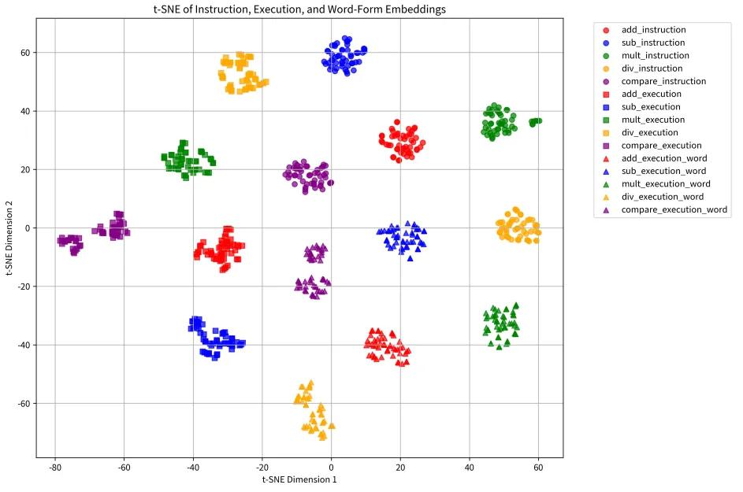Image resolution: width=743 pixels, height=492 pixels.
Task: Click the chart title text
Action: coord(299,9)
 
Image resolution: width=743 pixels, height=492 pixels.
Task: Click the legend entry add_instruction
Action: coord(653,30)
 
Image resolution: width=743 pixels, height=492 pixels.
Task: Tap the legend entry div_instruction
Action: coord(652,68)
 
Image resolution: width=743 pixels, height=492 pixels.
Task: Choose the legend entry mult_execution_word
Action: coord(665,184)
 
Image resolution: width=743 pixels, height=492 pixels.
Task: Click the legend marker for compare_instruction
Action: coord(606,81)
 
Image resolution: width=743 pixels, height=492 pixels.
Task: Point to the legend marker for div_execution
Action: coord(606,133)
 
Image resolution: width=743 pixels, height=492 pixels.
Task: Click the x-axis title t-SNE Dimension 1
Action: coord(299,479)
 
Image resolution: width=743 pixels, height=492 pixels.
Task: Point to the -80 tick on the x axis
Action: coord(54,466)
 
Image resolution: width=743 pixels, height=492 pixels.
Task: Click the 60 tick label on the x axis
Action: coord(539,466)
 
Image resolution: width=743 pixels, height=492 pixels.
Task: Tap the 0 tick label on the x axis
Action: coord(331,466)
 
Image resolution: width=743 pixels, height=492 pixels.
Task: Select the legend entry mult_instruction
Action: coord(655,56)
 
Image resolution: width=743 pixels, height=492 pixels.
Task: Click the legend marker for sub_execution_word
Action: coord(606,172)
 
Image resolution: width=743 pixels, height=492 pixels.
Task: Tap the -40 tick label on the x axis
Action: coord(193,466)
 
